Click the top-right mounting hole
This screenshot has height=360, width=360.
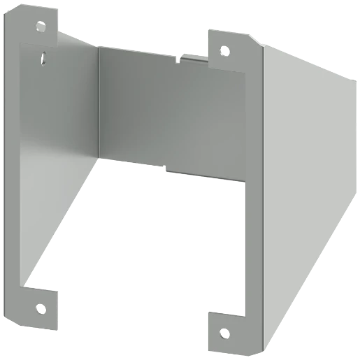[x=224, y=50]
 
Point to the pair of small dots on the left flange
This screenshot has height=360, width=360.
[x=45, y=57]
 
